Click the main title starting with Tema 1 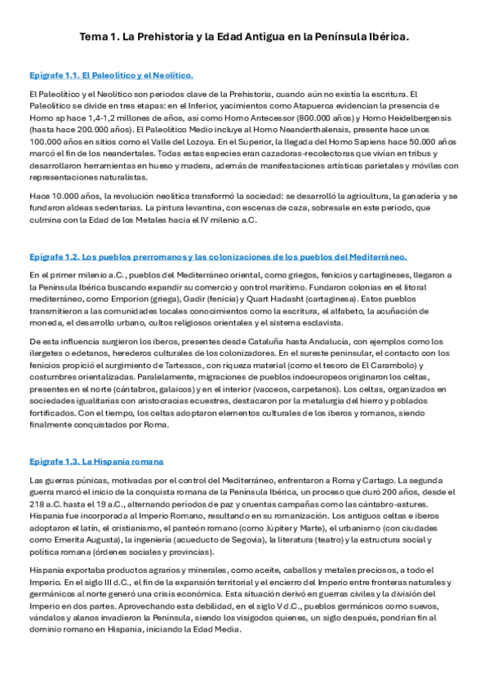tap(244, 38)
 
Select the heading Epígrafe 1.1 tap(111, 76)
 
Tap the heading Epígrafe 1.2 tap(218, 256)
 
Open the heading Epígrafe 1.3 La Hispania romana tap(96, 461)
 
